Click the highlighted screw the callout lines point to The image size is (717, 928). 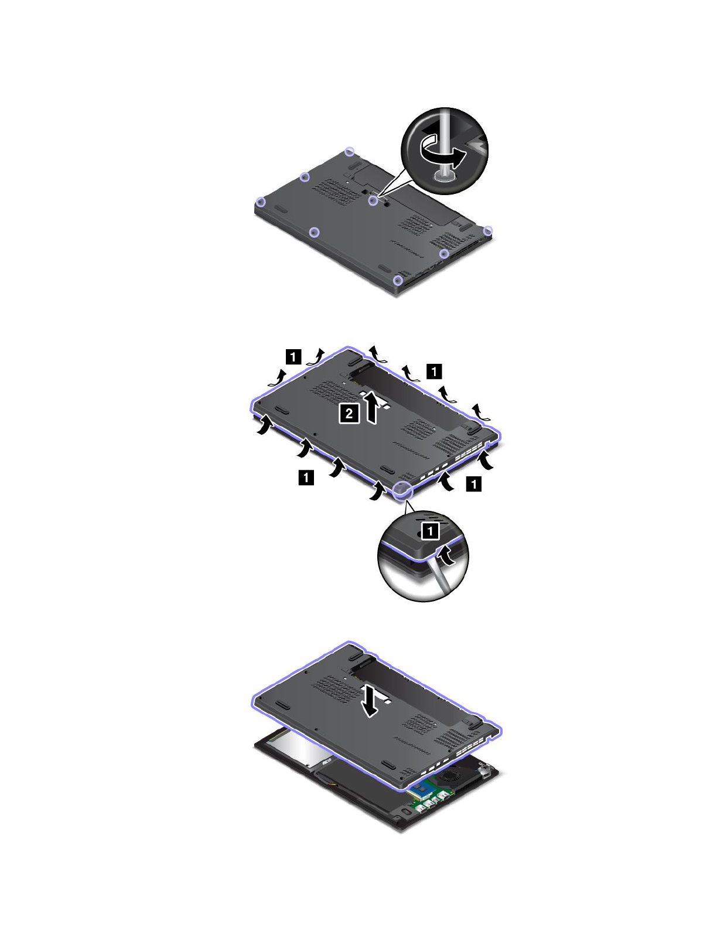click(373, 200)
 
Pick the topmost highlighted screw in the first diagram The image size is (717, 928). click(350, 151)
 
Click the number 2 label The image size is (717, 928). click(349, 414)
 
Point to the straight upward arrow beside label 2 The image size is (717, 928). click(372, 407)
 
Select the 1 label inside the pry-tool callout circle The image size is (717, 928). click(431, 531)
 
